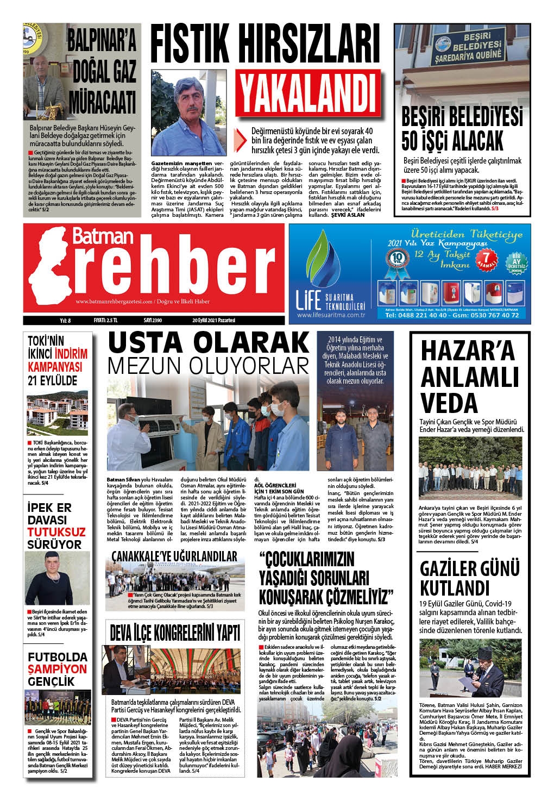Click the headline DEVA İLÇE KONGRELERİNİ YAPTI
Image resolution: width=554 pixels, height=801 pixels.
(175, 633)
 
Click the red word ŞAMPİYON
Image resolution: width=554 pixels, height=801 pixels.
(57, 668)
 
